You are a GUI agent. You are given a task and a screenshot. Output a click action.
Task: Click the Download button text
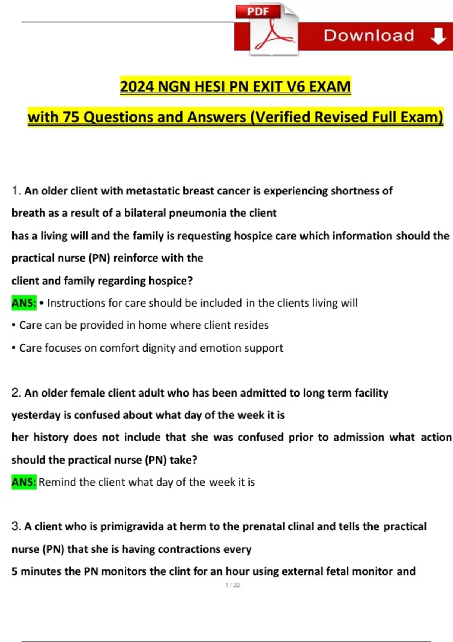click(x=369, y=35)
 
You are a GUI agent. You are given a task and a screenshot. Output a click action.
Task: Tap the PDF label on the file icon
click(x=258, y=11)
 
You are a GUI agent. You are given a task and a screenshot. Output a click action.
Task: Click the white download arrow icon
click(x=438, y=36)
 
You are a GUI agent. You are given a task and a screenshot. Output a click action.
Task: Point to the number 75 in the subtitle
click(x=71, y=117)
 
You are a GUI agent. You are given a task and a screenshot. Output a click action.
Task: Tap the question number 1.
click(x=15, y=191)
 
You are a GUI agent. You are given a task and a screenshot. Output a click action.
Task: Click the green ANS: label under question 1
click(x=24, y=303)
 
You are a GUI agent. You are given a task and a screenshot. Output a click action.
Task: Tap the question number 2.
click(x=15, y=393)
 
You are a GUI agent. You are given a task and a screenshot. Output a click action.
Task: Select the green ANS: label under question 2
click(x=24, y=482)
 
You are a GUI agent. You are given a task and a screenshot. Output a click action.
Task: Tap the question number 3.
click(x=15, y=526)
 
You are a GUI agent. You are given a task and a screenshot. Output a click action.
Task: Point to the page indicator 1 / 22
click(x=233, y=585)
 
